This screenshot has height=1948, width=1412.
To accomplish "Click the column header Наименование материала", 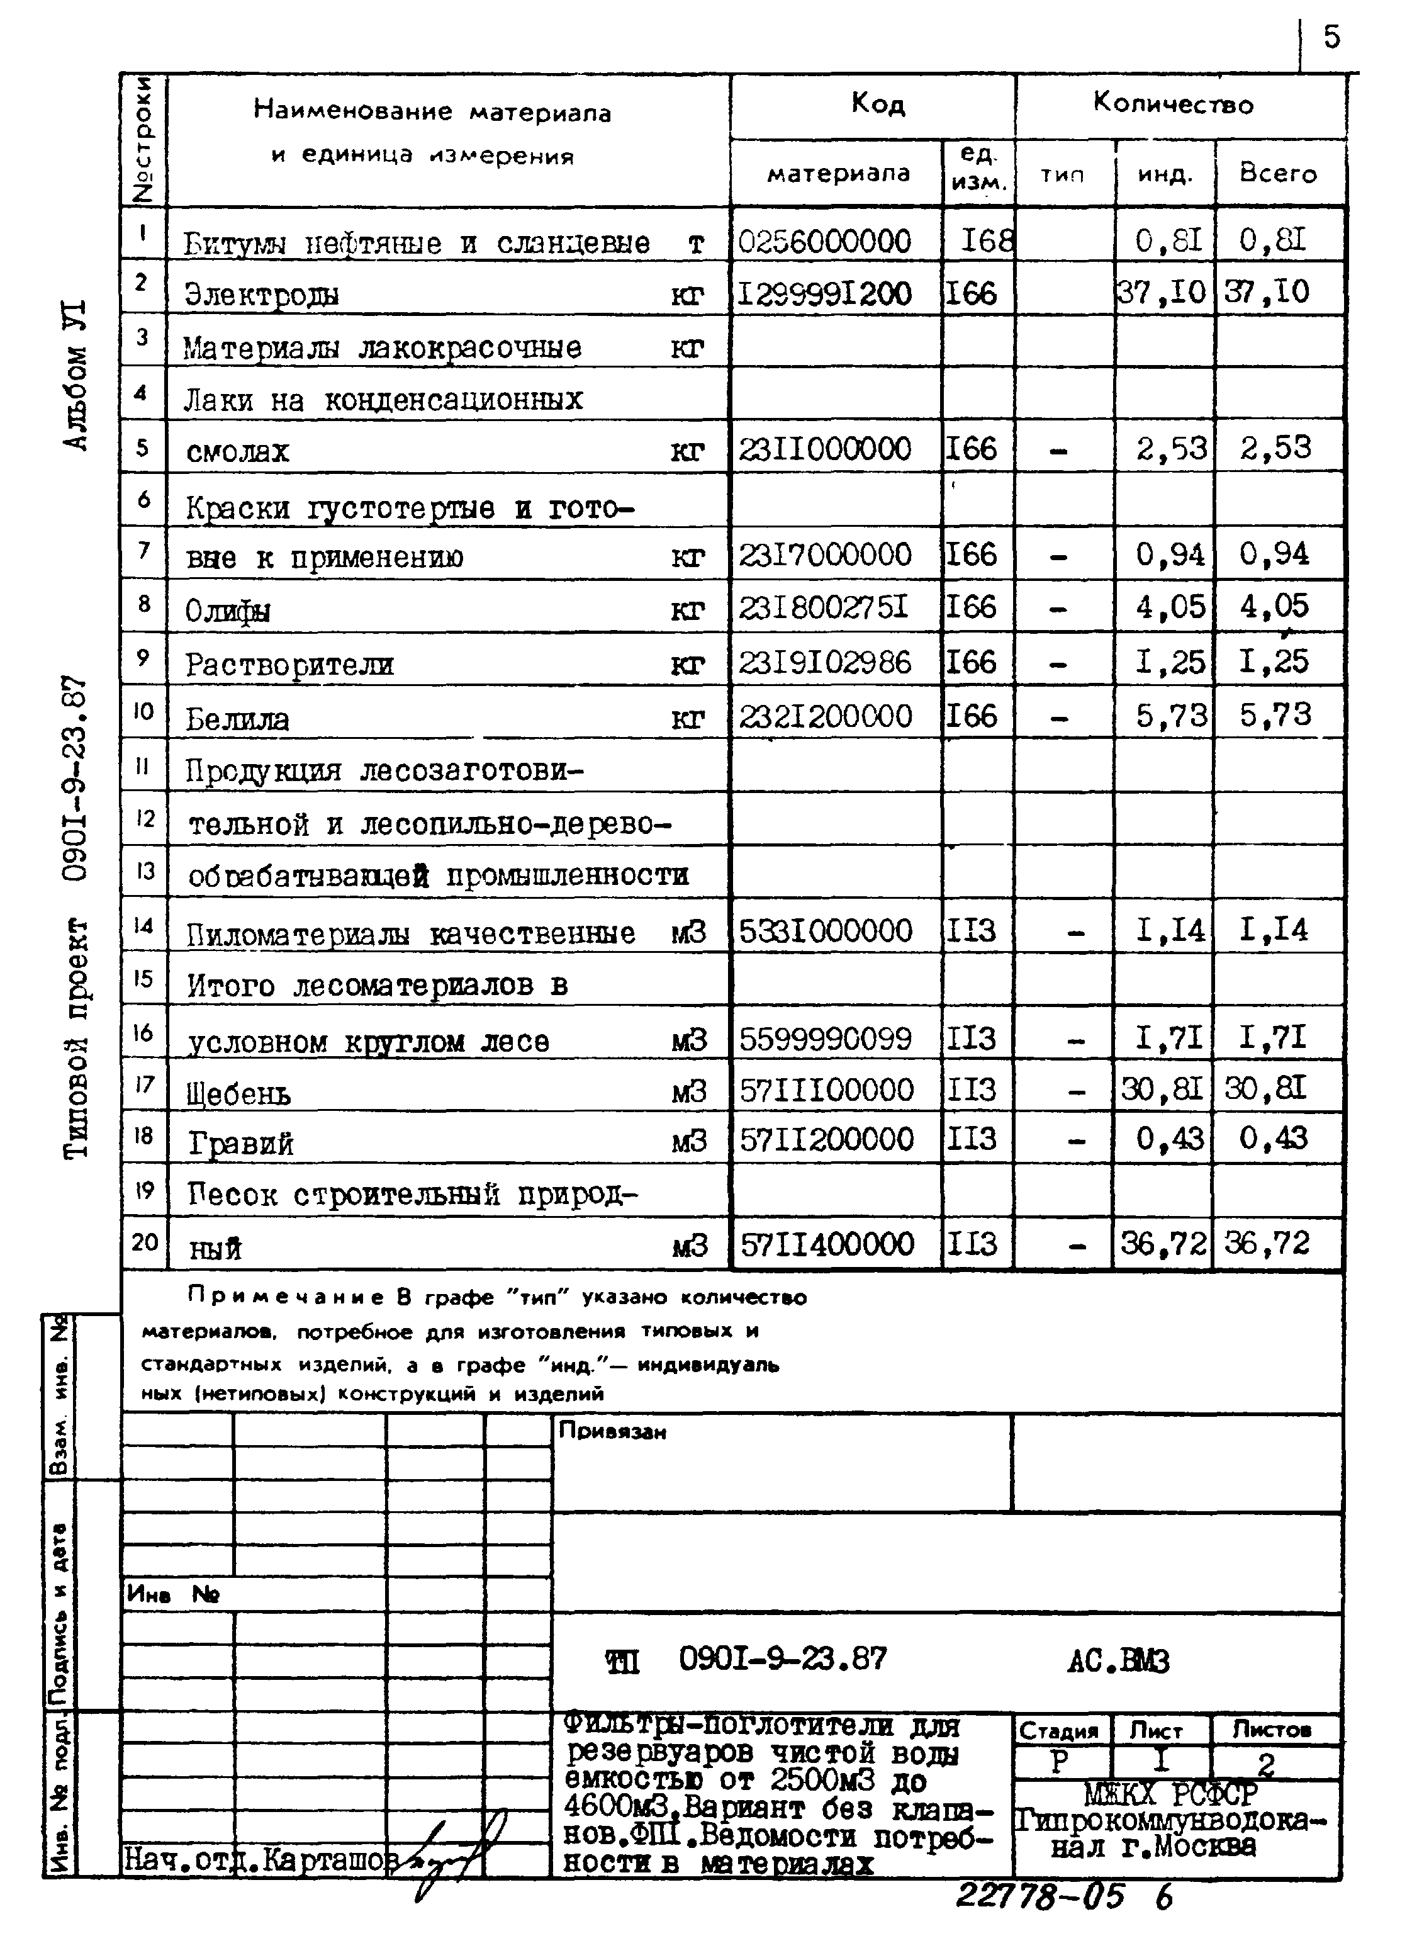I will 432,111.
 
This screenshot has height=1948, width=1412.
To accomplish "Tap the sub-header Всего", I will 1277,174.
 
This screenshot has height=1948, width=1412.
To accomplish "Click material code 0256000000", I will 824,241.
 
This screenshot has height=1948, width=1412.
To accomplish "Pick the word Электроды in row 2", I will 262,295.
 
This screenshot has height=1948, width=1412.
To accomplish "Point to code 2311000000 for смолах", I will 824,448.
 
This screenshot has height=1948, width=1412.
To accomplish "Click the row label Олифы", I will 228,611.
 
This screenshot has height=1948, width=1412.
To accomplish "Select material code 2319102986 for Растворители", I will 824,662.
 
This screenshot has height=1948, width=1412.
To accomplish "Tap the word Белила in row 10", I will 238,718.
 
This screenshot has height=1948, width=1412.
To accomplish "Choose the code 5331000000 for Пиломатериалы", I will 824,930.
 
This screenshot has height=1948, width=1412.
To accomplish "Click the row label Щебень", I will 238,1093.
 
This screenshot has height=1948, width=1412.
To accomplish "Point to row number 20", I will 143,1242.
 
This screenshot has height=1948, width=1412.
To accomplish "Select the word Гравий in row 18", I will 242,1143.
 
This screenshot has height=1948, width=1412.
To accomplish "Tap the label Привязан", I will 612,1431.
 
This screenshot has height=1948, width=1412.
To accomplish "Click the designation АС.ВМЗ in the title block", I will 1118,1662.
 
